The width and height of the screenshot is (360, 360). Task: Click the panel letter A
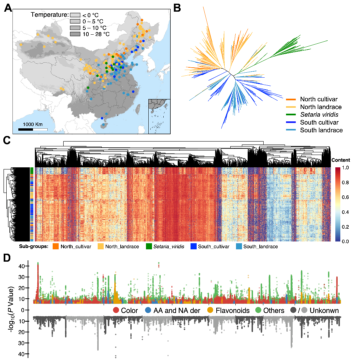tap(8, 8)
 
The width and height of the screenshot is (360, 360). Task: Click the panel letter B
tap(177, 7)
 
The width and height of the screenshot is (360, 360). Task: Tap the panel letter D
tap(8, 258)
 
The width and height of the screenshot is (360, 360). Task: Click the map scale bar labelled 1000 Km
tap(33, 129)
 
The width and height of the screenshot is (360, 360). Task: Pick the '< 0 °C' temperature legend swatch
tap(75, 15)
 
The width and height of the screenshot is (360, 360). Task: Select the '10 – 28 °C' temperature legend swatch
tap(75, 34)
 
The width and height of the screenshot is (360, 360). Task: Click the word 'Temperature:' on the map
tap(50, 15)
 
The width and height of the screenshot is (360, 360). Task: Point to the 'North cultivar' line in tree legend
tap(291, 99)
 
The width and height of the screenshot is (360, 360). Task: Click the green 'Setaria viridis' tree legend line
tap(291, 115)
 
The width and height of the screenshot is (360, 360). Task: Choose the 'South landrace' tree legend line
tap(291, 130)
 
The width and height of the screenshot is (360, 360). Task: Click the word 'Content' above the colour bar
tap(341, 160)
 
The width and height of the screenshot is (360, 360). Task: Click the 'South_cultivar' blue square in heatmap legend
tap(193, 247)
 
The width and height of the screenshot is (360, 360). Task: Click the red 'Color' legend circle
tap(116, 310)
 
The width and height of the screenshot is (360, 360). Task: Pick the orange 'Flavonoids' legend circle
tap(211, 310)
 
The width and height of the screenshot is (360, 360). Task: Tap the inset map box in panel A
tap(159, 116)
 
